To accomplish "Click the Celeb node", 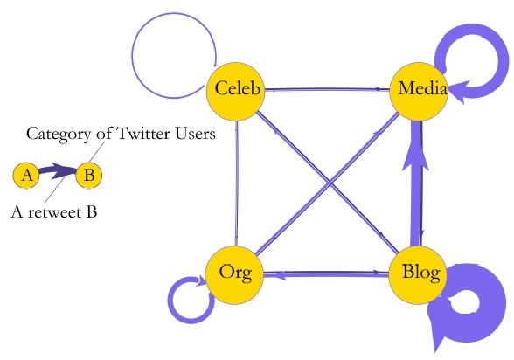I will pos(236,89).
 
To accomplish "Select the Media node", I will pos(419,89).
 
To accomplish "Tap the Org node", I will pos(236,273).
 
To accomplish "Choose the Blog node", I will pos(419,273).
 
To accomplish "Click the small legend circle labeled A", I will pos(27,176).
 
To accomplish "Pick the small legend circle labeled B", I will pos(87,176).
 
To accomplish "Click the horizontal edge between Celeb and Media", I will pos(327,88).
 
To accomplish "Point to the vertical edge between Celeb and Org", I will pos(236,181).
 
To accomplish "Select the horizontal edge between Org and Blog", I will pos(327,273).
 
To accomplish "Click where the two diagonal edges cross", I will pos(327,181).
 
